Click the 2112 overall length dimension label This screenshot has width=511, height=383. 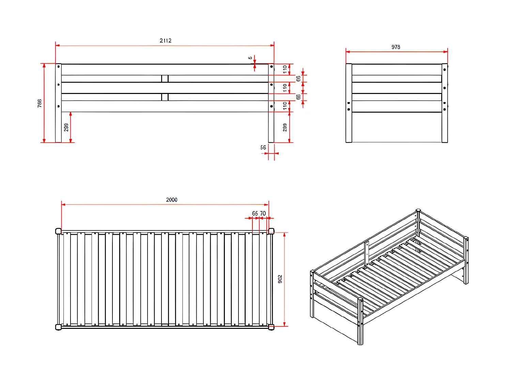coord(166,41)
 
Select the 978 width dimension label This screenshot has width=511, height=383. coord(396,47)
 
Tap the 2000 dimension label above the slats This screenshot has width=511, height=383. coord(171,200)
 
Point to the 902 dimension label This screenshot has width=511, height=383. coord(280,279)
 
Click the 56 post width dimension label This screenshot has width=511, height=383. coord(263,147)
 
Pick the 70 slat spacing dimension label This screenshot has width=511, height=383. coord(263,213)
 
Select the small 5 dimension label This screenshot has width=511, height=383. coord(250,58)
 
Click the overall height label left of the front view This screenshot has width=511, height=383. coord(40,103)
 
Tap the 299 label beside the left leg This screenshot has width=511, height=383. coord(66,127)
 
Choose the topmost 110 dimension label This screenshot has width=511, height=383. coord(285,69)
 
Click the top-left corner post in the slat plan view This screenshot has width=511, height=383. coord(58,232)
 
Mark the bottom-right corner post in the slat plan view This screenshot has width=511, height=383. coord(271,327)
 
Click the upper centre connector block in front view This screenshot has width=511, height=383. coord(165,79)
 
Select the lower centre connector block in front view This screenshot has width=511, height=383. coord(165,97)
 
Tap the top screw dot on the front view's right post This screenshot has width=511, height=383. coord(272,66)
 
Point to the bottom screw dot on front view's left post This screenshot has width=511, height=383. coord(59,106)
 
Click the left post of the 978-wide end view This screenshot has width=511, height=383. coord(349,103)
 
